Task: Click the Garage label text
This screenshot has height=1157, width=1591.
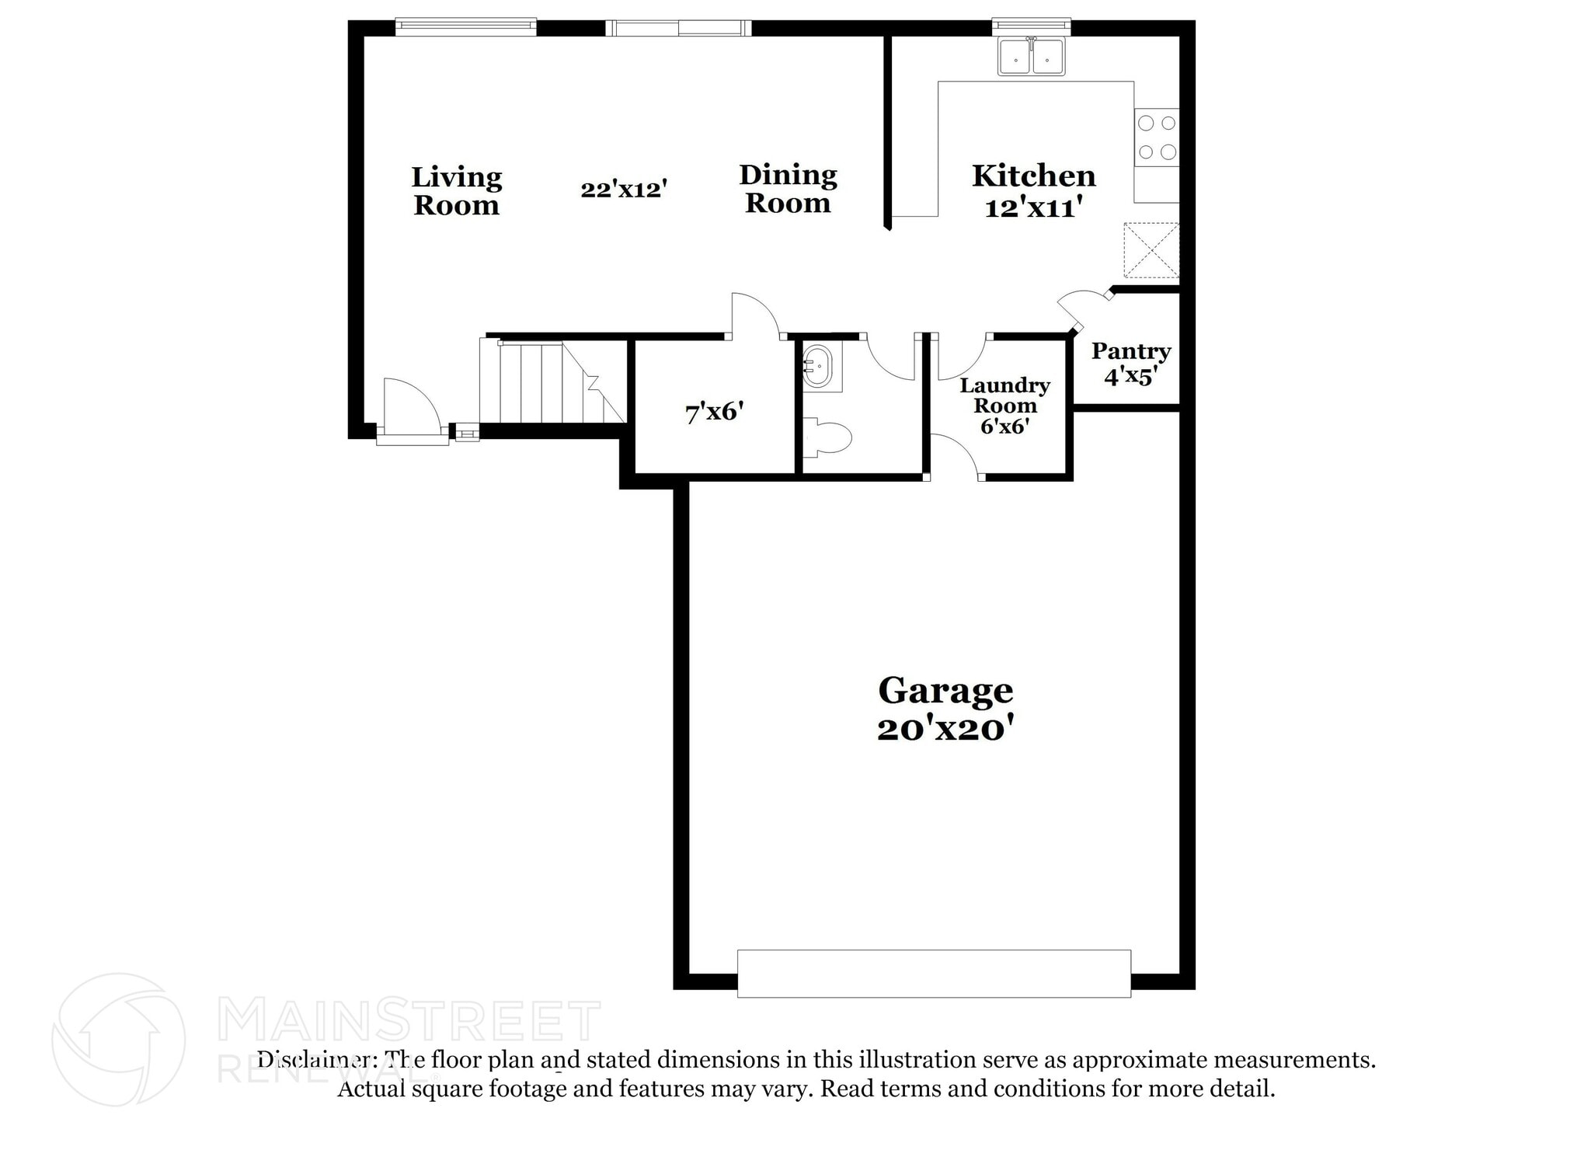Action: coord(945,690)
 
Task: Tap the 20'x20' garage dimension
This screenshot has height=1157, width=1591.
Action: coord(945,730)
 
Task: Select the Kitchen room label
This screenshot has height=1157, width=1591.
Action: coord(1033,176)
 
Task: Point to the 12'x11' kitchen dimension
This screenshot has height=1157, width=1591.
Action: coord(1033,207)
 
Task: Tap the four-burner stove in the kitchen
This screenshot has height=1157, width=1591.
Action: coord(1156,137)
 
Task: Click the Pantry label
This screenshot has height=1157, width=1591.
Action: coord(1130,351)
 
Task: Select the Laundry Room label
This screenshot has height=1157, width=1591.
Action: coord(1004,396)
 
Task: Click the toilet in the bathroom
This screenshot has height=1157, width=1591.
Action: coord(828,437)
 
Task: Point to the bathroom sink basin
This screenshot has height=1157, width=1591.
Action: coord(817,368)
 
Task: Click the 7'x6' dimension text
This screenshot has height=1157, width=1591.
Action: coord(714,412)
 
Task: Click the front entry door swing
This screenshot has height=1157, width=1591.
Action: coord(410,408)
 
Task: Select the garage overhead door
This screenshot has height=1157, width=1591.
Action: coord(933,973)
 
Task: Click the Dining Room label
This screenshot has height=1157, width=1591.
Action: coord(788,189)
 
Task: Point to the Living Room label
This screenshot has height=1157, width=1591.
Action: coord(456,191)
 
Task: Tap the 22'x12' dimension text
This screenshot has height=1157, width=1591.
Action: coord(624,189)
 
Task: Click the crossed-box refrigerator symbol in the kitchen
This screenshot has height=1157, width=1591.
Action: coord(1151,250)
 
